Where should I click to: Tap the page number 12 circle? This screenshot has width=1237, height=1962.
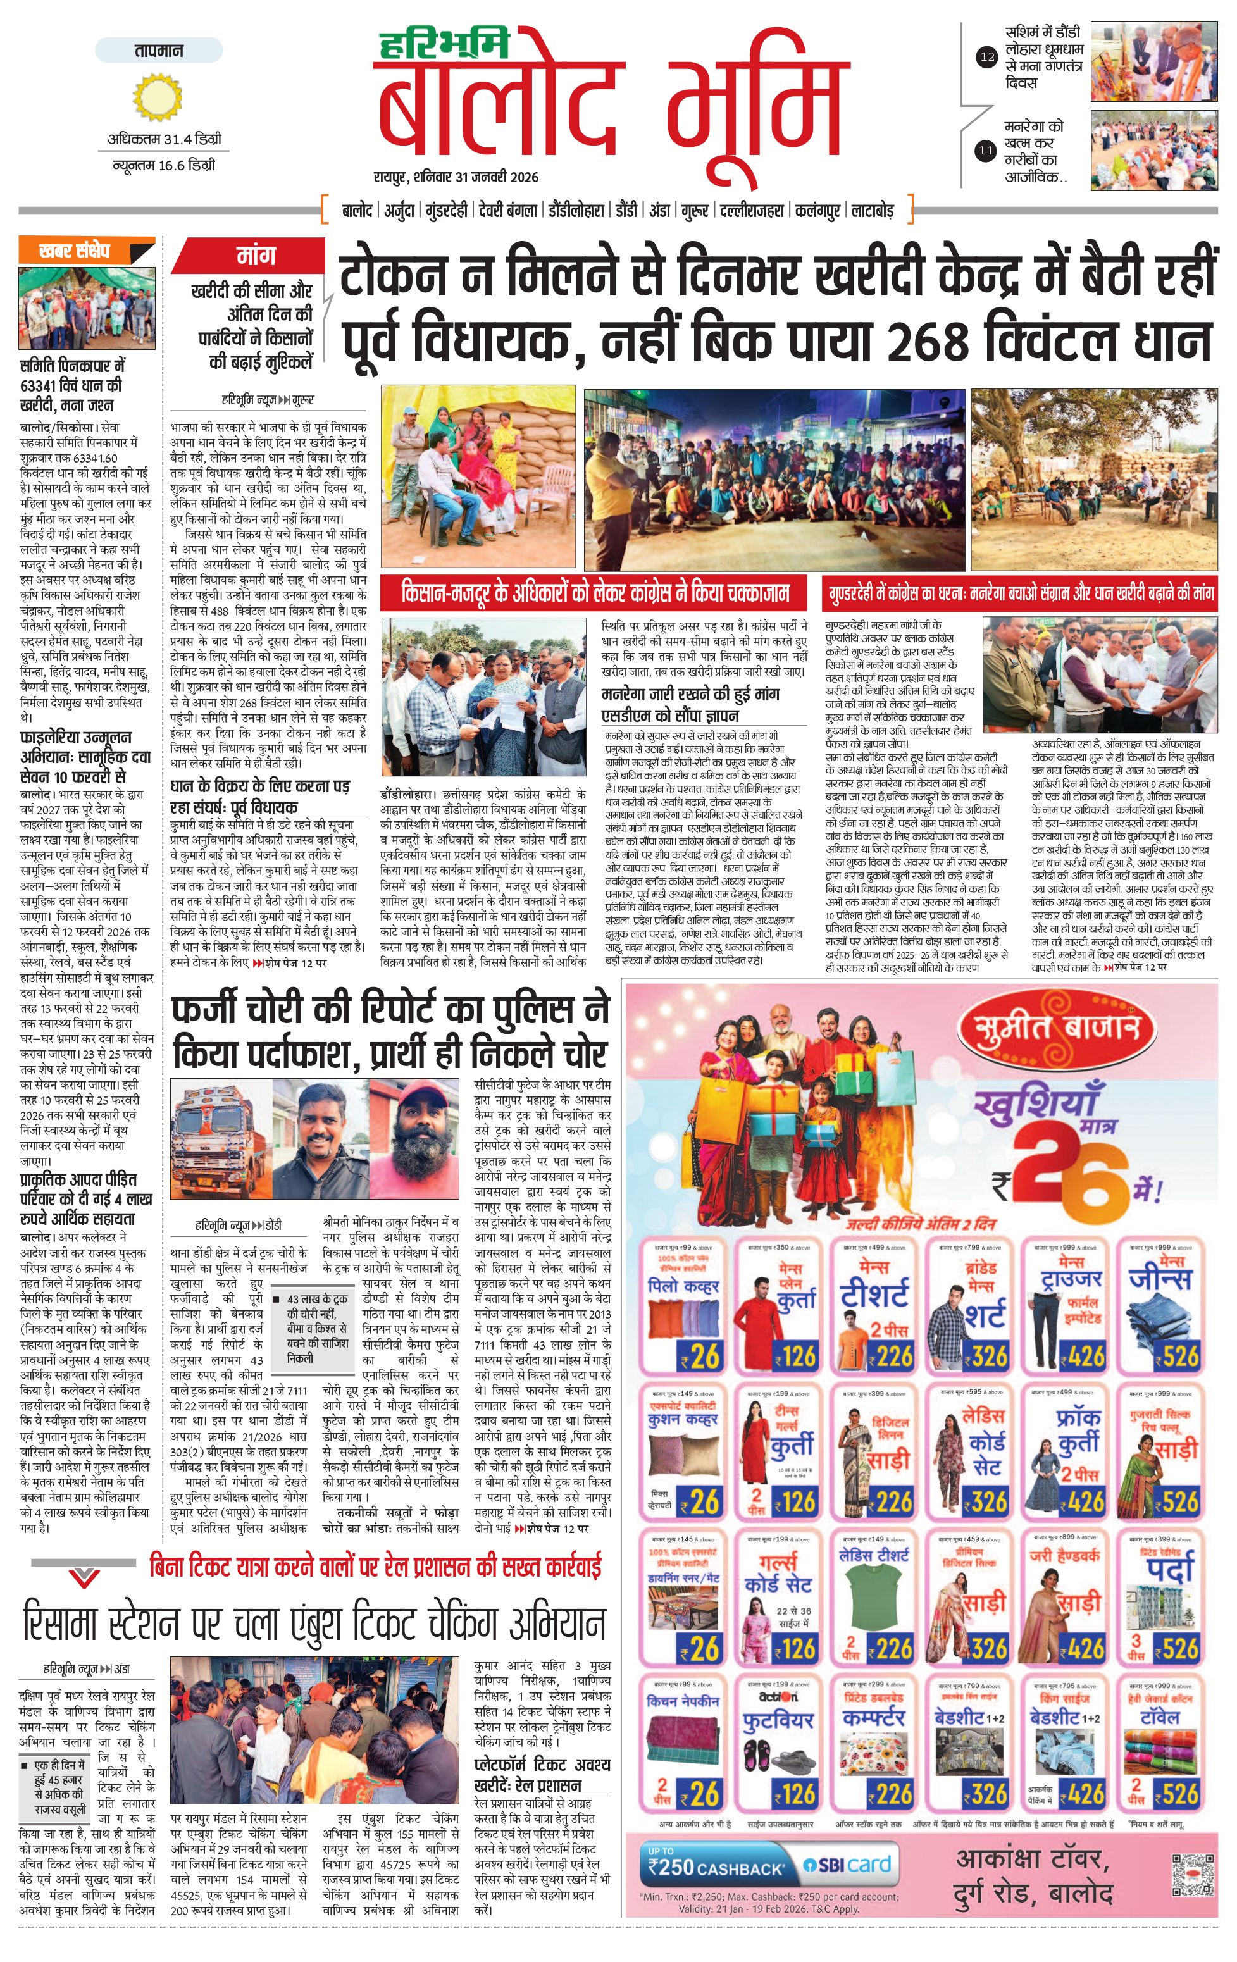point(987,56)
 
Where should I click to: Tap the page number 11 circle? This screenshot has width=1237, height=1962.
point(987,150)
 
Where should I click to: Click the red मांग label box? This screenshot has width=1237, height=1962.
point(255,256)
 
